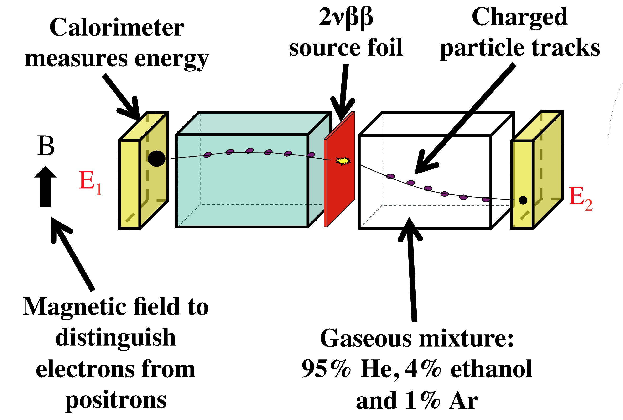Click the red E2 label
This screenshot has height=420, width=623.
580,198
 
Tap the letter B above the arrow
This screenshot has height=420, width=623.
46,146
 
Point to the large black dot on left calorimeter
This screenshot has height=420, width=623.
157,158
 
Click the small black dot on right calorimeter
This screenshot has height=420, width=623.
523,200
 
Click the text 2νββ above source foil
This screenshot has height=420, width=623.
346,18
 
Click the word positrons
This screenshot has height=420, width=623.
116,401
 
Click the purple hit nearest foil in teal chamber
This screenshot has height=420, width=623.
311,155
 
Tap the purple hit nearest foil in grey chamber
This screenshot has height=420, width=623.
390,176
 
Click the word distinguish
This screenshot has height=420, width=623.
116,338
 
